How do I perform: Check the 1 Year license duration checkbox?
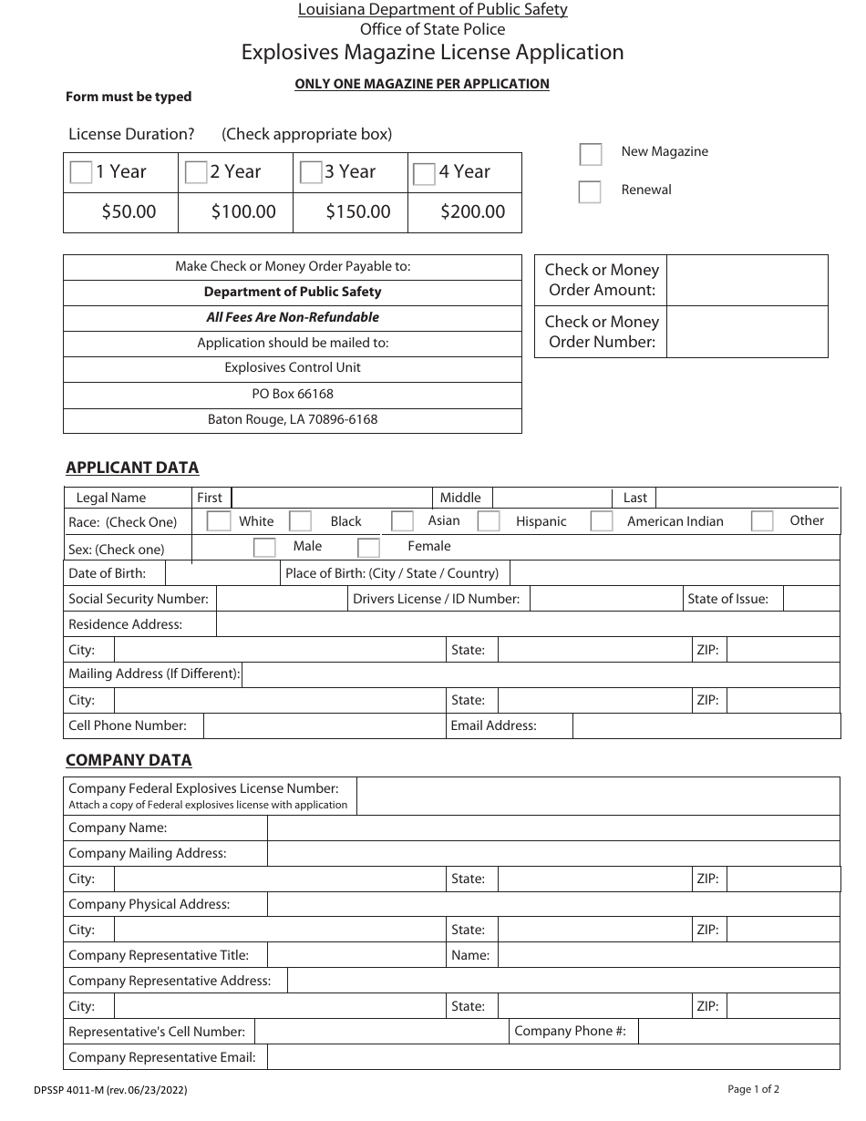pyautogui.click(x=81, y=173)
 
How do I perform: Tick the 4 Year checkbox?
pyautogui.click(x=424, y=174)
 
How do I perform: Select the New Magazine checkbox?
pyautogui.click(x=591, y=154)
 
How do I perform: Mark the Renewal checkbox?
pyautogui.click(x=591, y=192)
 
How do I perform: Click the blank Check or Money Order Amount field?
pyautogui.click(x=747, y=281)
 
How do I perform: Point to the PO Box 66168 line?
pyautogui.click(x=293, y=394)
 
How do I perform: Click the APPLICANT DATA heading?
pyautogui.click(x=132, y=468)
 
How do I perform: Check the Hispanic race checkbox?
pyautogui.click(x=489, y=521)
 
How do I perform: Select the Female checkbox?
pyautogui.click(x=368, y=548)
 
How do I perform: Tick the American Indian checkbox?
pyautogui.click(x=602, y=521)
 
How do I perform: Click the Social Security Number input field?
pyautogui.click(x=280, y=599)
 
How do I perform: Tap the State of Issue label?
pyautogui.click(x=727, y=599)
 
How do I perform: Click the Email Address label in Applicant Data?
pyautogui.click(x=493, y=725)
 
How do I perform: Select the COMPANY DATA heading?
pyautogui.click(x=129, y=760)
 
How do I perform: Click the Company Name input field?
pyautogui.click(x=552, y=828)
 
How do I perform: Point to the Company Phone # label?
pyautogui.click(x=570, y=1031)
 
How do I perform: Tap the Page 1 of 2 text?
pyautogui.click(x=753, y=1088)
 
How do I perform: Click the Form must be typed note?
pyautogui.click(x=129, y=97)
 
